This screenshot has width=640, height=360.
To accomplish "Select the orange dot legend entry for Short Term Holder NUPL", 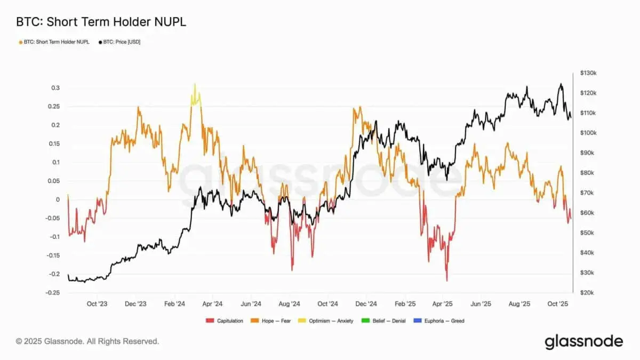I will tap(20, 42).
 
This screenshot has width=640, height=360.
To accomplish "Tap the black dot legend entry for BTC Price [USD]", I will tap(100, 42).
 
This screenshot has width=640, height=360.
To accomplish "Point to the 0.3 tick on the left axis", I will tap(55, 88).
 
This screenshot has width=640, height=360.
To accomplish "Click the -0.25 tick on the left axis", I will tap(53, 293).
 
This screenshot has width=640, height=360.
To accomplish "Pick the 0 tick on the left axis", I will tap(58, 200).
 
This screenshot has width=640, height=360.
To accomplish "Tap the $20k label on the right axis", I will tap(587, 293).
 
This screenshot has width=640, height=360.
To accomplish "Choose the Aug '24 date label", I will tap(289, 304).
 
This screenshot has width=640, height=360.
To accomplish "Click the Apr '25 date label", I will tap(442, 304).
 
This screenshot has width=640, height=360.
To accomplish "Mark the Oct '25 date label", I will tap(558, 304).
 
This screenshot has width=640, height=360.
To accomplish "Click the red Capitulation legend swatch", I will tap(209, 321).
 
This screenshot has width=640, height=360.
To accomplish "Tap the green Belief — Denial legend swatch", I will tap(365, 321).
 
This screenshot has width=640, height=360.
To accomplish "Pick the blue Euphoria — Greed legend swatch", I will tap(415, 321).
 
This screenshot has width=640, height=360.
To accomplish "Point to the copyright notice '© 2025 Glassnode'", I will tap(87, 341).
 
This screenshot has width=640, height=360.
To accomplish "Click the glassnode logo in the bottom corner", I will tap(583, 341).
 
